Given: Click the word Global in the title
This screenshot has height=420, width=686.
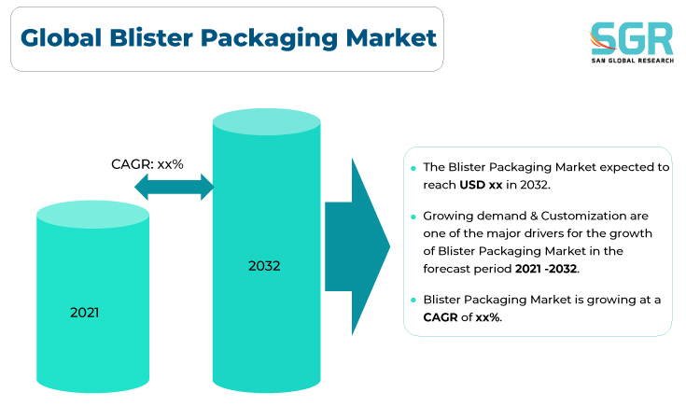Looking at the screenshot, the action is [61, 37].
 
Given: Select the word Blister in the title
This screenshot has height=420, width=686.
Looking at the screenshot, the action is [151, 37].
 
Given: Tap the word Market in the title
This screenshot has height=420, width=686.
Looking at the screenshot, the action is [391, 37].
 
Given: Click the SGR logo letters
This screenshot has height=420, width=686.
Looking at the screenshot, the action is [631, 38].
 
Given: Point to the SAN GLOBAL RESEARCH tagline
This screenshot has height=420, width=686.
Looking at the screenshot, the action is [632, 61].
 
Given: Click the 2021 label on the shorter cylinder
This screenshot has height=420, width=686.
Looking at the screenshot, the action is [84, 313].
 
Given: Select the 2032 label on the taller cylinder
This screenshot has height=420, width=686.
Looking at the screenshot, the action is [264, 266].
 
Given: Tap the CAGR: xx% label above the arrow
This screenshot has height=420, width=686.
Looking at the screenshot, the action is [147, 164].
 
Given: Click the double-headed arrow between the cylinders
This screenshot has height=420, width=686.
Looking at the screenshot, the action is [175, 187].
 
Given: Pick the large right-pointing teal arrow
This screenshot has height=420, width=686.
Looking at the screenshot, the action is [357, 246].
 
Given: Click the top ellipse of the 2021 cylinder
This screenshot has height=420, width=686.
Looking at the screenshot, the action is [92, 215].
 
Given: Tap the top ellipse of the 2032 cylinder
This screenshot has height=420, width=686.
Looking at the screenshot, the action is [266, 121].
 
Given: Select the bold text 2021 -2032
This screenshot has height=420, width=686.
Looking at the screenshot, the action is [546, 269].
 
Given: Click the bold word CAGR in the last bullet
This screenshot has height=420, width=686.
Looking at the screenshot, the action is [441, 317].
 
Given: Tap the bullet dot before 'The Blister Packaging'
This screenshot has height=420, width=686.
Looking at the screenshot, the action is [413, 168].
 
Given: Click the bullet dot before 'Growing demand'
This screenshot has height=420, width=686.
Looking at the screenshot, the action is [413, 217].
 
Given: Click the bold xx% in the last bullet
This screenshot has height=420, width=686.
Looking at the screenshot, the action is [488, 317].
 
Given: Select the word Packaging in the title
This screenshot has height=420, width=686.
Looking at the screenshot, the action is [269, 38].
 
